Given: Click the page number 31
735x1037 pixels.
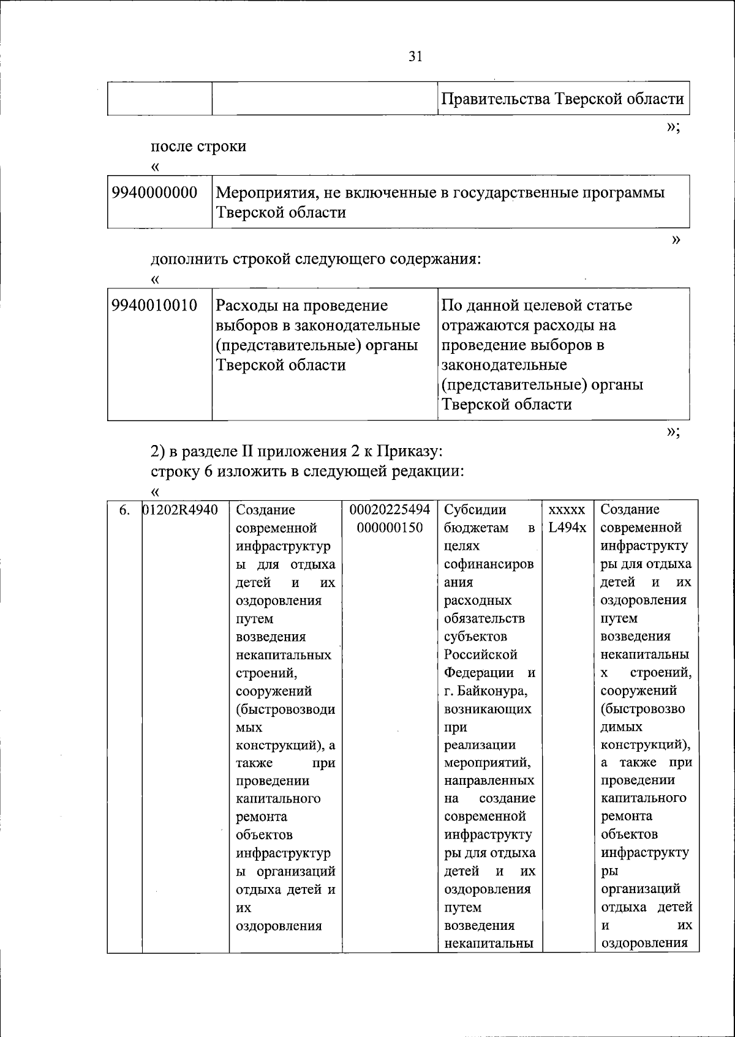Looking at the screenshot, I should [x=415, y=57].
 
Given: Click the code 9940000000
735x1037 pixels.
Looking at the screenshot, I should [x=154, y=193].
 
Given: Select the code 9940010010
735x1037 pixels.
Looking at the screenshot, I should [x=154, y=305].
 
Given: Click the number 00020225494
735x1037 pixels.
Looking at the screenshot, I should [x=390, y=509].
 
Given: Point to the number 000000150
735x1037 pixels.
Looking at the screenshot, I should [x=390, y=528].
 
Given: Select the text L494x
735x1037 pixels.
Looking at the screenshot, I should [x=567, y=527].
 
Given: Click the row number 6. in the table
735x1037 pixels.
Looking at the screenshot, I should [x=124, y=510].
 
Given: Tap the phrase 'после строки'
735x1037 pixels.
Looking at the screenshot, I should [x=198, y=146].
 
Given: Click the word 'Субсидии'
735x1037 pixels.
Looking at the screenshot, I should [x=475, y=509].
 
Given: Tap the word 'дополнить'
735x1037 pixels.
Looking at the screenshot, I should [x=189, y=259].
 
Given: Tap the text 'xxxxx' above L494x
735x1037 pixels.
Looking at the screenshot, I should [x=567, y=509].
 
